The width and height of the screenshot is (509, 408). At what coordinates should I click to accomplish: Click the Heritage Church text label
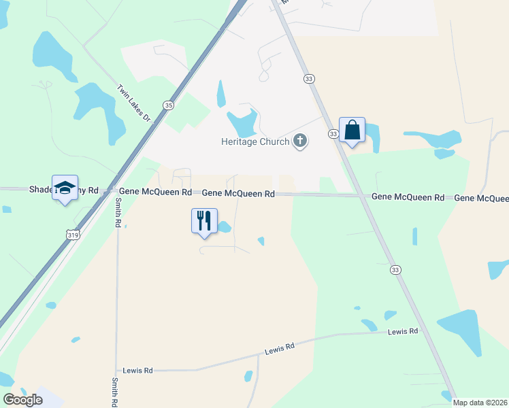(255, 141)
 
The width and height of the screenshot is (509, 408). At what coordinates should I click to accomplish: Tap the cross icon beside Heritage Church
(299, 141)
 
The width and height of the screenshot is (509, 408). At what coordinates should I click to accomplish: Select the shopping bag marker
(352, 130)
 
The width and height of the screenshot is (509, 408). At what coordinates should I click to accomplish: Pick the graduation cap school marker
(65, 188)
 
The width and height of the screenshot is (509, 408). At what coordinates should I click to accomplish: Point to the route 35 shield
(168, 105)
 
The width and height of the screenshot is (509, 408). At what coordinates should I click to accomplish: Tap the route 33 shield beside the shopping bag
(333, 134)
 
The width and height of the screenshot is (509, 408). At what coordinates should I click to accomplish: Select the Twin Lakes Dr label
(133, 103)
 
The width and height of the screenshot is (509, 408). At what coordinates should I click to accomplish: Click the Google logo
(22, 400)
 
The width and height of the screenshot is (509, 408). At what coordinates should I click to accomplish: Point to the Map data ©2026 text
(480, 403)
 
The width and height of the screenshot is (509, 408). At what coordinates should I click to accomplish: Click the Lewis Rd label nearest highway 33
(402, 332)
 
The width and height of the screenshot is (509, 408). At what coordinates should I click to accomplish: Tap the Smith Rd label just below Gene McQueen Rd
(117, 214)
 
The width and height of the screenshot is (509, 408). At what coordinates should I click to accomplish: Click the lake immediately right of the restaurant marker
(224, 227)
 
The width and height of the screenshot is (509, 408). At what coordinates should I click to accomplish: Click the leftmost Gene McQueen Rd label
(156, 192)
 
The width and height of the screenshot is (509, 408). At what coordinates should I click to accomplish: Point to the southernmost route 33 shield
(395, 270)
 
